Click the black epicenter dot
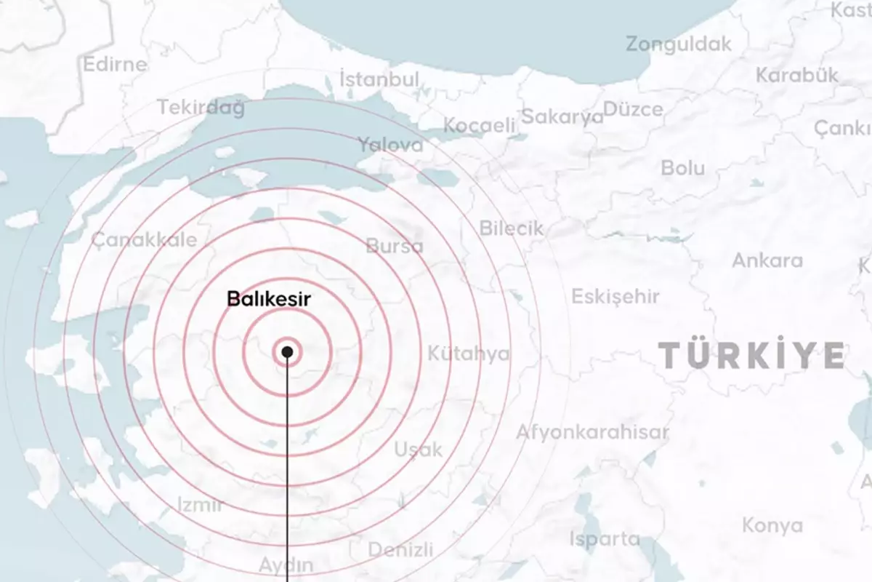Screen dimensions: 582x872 [287, 352]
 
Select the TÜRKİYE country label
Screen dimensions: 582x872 [752, 355]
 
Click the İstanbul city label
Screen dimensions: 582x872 [380, 79]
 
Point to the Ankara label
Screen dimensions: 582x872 [767, 260]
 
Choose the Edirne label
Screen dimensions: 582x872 [115, 64]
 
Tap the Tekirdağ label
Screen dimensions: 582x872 [201, 108]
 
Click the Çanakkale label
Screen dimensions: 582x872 [144, 240]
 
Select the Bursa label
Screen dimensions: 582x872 [395, 246]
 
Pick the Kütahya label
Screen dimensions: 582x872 [469, 354]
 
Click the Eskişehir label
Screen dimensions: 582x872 [615, 297]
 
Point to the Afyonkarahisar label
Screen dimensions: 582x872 [592, 432]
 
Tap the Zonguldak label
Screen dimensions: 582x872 [679, 44]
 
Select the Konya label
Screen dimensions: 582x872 [772, 525]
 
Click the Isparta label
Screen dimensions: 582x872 [605, 540]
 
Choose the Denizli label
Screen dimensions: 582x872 [400, 549]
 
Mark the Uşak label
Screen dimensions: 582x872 [419, 450]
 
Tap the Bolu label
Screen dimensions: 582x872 [682, 168]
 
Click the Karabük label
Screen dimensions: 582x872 [797, 75]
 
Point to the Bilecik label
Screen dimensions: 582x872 [512, 228]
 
